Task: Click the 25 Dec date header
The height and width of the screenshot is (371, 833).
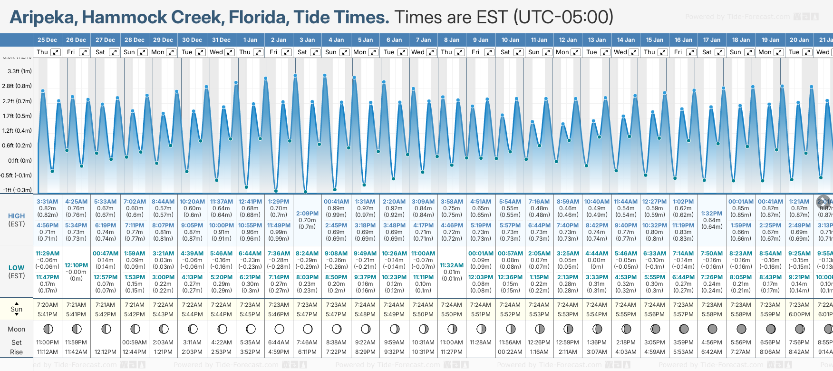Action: (x=47, y=40)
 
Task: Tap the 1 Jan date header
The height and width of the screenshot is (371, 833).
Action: (x=250, y=40)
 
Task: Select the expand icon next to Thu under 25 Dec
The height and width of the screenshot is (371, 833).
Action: (x=56, y=52)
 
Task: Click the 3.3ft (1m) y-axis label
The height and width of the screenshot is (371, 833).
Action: (x=19, y=71)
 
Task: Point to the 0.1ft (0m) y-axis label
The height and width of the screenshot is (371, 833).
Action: (x=19, y=160)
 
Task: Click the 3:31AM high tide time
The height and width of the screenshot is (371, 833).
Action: (x=47, y=202)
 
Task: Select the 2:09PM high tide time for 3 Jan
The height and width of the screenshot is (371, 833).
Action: (x=307, y=214)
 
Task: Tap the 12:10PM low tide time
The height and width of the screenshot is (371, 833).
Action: (x=76, y=265)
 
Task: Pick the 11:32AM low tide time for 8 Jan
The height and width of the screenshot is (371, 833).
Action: (x=452, y=265)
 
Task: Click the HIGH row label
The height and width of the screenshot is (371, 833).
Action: (x=16, y=216)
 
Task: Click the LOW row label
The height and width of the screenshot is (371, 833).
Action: (x=16, y=268)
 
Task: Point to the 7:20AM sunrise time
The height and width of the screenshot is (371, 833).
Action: (x=47, y=305)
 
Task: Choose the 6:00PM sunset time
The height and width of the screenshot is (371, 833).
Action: (x=799, y=314)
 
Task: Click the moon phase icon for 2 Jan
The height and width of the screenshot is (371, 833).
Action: (x=279, y=329)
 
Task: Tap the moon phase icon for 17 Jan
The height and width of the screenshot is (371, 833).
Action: (x=712, y=329)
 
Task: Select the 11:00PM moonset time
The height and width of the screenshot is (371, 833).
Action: (x=47, y=342)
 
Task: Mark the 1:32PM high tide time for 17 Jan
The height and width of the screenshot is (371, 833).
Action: (x=712, y=214)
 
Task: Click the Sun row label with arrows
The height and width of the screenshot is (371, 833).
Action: (x=16, y=309)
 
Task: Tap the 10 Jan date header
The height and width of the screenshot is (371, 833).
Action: (x=510, y=40)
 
